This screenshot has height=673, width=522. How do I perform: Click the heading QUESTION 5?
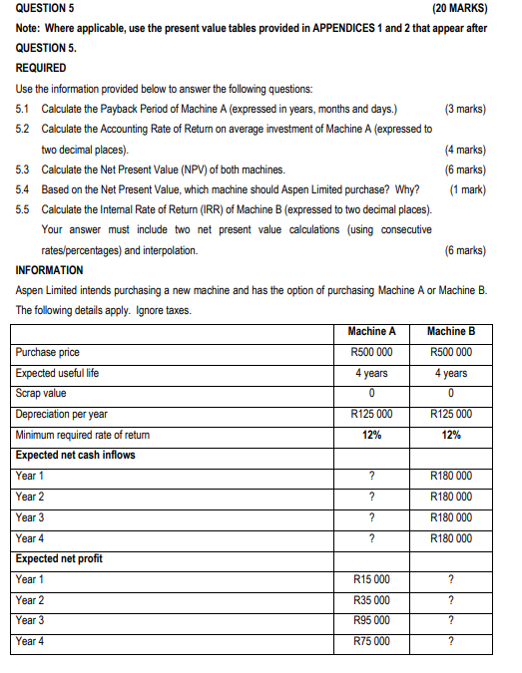click(x=46, y=8)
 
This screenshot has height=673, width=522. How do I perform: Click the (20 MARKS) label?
click(x=460, y=8)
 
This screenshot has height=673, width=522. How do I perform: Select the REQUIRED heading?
click(x=42, y=68)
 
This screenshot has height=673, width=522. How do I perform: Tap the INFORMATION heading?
click(x=50, y=270)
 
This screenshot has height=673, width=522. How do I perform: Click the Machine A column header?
click(x=371, y=331)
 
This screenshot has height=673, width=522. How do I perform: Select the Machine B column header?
click(x=451, y=331)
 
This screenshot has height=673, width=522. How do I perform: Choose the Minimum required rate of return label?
click(x=83, y=435)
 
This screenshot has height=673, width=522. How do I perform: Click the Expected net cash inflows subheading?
click(x=76, y=455)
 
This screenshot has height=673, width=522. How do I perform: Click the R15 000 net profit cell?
click(x=371, y=579)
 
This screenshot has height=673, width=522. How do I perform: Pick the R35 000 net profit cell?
click(x=371, y=600)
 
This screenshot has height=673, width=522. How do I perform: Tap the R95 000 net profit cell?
click(x=371, y=620)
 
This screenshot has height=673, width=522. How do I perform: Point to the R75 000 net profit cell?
click(x=371, y=641)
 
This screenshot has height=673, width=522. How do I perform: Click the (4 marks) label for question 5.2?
click(x=464, y=149)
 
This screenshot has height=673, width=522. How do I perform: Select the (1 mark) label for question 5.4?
click(x=467, y=188)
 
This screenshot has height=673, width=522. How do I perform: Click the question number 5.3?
click(x=24, y=168)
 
